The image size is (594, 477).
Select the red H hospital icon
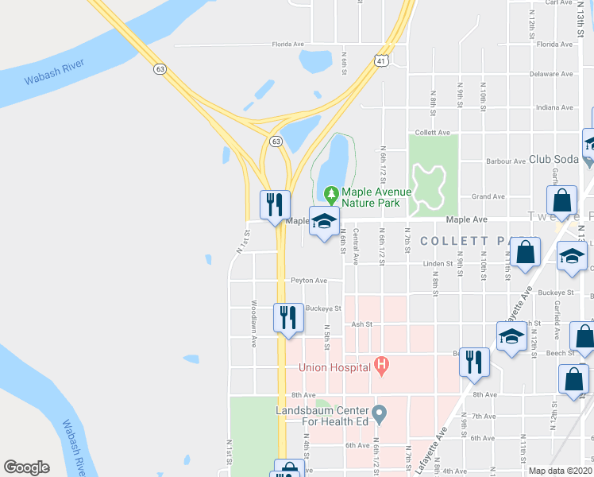point(381,367)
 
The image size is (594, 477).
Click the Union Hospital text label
point(335,367)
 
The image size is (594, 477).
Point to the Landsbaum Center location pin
point(380,413)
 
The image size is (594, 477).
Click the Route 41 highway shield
point(383,60)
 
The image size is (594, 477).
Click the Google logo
point(26,467)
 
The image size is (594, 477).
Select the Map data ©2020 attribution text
point(560,471)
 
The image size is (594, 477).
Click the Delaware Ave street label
point(550,73)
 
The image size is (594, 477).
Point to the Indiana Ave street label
point(553,107)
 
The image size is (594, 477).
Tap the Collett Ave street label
point(433,132)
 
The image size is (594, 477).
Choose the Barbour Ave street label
point(506,161)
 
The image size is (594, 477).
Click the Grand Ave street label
point(488,196)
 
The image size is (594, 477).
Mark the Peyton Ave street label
point(308,281)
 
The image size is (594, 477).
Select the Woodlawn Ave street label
point(253,323)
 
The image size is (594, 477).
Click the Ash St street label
point(361,324)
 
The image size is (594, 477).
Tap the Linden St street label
point(437,263)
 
